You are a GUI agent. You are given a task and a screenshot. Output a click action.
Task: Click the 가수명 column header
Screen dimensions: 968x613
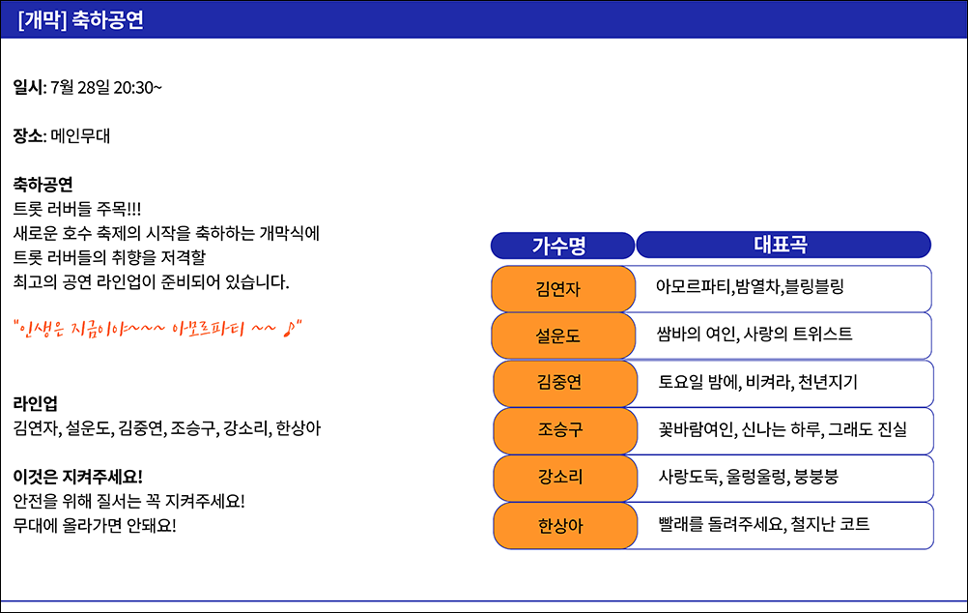[562, 246]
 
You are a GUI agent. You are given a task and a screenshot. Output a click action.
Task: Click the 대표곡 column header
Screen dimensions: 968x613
[783, 245]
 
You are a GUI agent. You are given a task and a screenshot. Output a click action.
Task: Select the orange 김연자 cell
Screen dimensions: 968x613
[563, 288]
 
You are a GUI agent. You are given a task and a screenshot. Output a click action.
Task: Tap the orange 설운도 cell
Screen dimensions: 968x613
[563, 336]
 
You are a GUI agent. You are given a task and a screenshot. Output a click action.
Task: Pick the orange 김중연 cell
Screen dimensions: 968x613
[565, 383]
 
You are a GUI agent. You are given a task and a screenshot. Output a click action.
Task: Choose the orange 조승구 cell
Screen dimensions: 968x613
[565, 430]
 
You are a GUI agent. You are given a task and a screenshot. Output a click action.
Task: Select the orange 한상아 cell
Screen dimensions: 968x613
[565, 526]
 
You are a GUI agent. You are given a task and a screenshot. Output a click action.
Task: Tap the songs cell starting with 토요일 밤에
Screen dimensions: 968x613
[784, 383]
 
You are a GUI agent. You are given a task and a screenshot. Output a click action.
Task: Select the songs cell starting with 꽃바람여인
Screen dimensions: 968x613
[784, 430]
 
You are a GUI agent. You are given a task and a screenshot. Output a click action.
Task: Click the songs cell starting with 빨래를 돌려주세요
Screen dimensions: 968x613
[784, 526]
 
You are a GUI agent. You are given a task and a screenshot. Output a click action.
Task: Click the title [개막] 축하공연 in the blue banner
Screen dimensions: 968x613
[81, 19]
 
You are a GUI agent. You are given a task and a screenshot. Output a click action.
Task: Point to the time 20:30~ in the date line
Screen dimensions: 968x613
[138, 88]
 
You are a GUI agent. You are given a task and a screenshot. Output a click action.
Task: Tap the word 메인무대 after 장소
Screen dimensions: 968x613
[80, 136]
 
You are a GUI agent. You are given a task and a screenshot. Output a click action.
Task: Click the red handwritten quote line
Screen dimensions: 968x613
[157, 328]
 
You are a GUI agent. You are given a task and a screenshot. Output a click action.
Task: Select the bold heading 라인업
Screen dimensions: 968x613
[35, 403]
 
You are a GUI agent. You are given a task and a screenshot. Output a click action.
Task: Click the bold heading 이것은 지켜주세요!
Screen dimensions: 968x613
[78, 477]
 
